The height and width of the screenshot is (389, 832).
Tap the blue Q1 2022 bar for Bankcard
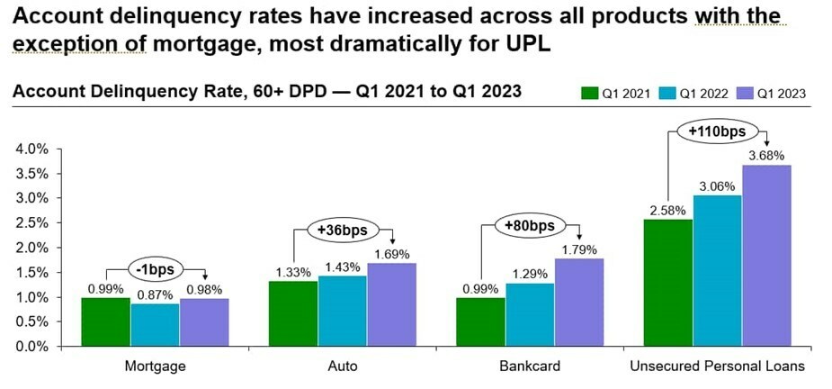point(530,314)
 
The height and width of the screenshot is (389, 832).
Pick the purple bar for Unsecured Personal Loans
point(766,256)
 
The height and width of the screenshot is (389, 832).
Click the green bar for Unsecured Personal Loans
point(668,283)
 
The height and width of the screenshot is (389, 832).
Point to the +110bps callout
point(716,132)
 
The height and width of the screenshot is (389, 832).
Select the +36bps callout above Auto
point(343,230)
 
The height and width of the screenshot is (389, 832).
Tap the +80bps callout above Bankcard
point(530,225)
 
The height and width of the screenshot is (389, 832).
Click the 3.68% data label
point(766,156)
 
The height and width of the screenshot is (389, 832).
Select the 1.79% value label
point(578,249)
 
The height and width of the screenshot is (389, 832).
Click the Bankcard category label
point(531,366)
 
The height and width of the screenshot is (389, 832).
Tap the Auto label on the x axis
point(343,366)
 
